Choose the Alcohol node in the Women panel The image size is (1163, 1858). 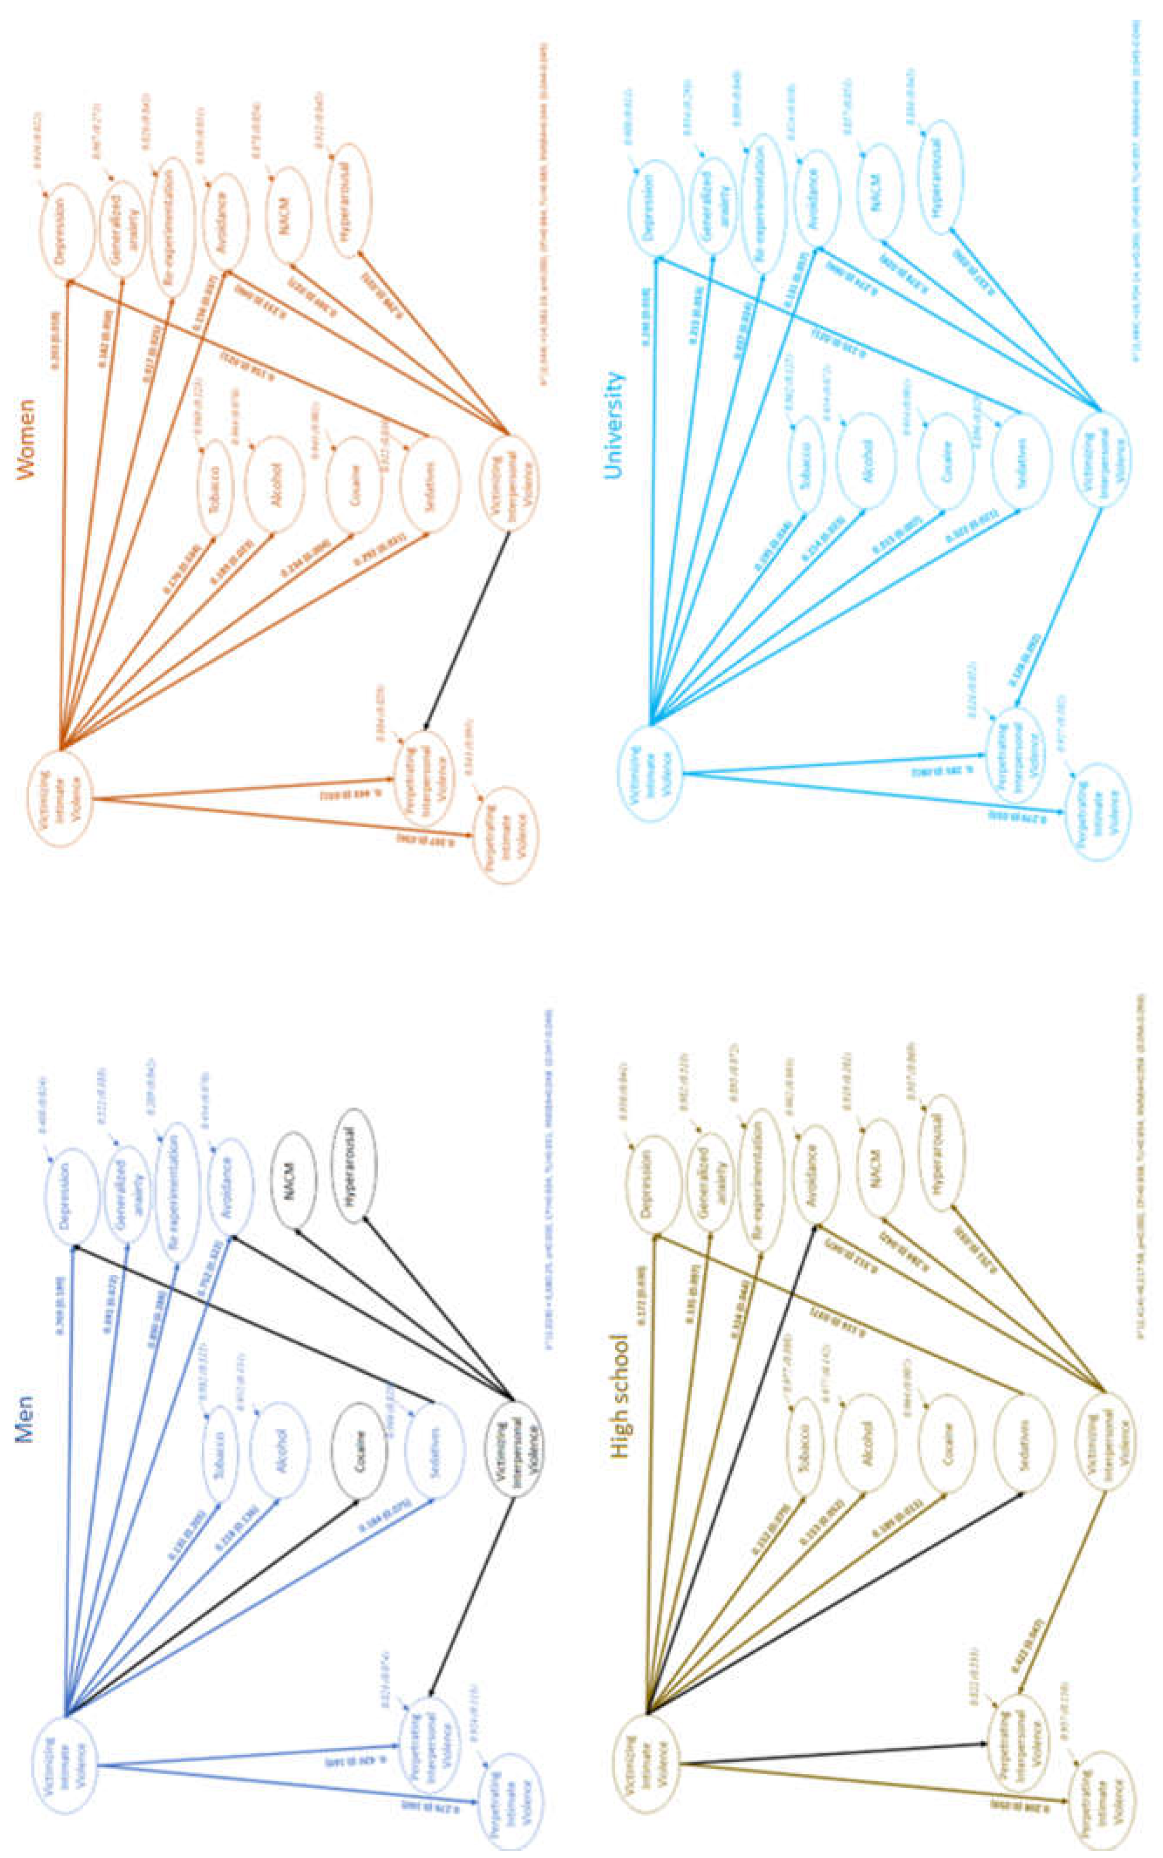click(x=273, y=476)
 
